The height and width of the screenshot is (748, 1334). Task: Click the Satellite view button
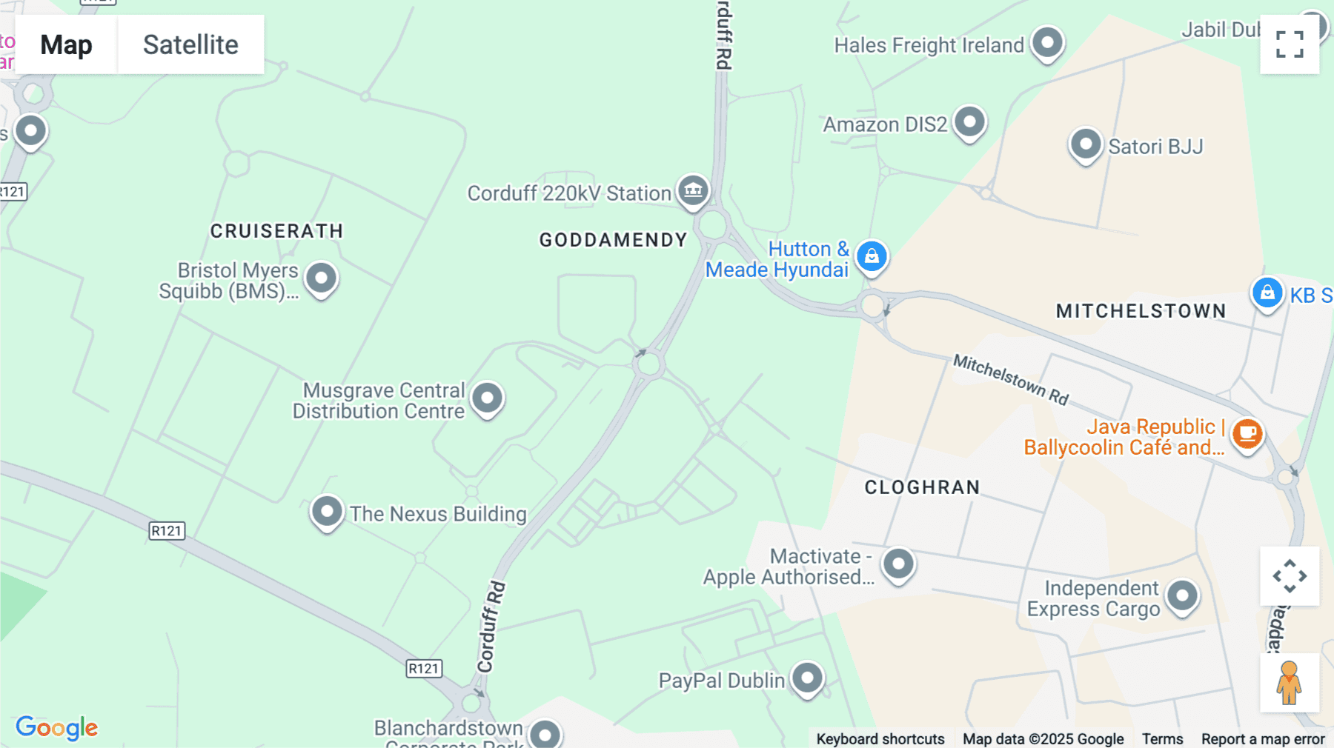coord(190,44)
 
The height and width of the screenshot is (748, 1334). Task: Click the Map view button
coord(66,44)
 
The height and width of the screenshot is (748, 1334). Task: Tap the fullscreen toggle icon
coord(1290,44)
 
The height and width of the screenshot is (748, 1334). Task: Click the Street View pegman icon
coord(1289,682)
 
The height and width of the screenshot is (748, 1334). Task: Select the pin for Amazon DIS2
coord(969,121)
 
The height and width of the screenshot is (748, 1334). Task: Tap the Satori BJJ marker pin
coord(1086,144)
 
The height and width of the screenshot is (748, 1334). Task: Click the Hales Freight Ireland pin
coord(1047,42)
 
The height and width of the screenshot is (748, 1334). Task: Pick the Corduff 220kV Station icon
coord(693,190)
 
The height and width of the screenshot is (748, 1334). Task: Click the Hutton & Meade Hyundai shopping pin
coord(872,256)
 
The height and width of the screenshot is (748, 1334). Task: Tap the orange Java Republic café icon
coord(1247,433)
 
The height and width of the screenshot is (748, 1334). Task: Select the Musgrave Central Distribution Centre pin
coord(487,398)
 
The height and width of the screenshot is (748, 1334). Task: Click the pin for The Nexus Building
coord(327,511)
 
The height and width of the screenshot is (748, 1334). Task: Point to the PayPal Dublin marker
coord(807,678)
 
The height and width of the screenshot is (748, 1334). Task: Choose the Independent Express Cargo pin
coord(1182,595)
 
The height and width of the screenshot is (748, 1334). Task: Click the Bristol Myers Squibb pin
coord(321,278)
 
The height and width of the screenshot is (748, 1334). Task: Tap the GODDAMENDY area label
coord(613,240)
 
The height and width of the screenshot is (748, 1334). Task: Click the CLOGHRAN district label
coord(922,487)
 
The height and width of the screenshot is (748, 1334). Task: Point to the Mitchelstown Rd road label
coord(1011,379)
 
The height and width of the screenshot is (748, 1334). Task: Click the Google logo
coord(57,727)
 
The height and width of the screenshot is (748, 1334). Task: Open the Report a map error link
coord(1263,739)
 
